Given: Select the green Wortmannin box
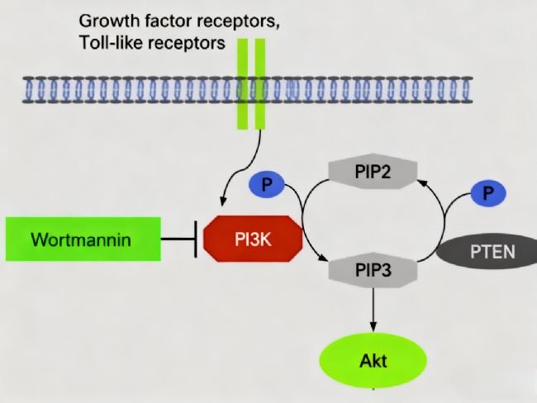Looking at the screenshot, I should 82,239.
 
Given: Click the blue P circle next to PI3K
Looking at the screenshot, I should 267,184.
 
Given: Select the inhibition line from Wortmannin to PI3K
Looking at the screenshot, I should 178,239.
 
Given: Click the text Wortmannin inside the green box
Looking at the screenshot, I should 82,240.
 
